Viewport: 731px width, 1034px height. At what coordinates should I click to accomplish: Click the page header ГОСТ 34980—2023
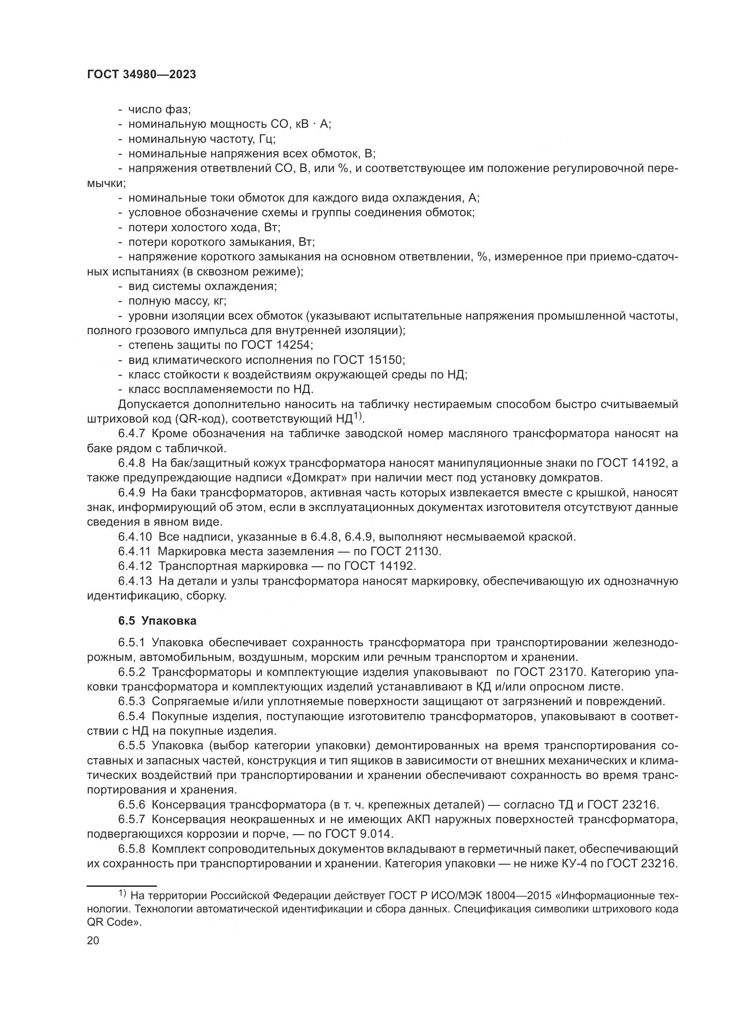point(141,75)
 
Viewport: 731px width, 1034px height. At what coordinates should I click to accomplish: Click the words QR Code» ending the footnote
point(114,921)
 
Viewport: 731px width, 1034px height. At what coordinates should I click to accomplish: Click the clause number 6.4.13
point(135,581)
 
